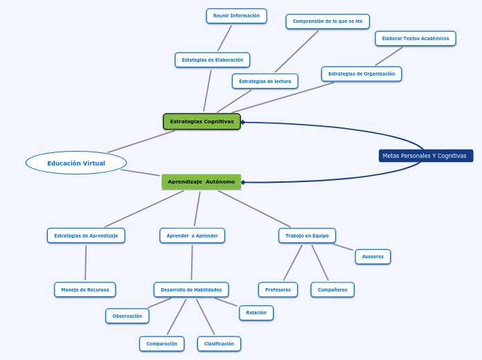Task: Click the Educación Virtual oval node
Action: [x=76, y=163]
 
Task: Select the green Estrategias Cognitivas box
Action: [x=202, y=122]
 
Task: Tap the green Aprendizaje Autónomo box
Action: [x=201, y=181]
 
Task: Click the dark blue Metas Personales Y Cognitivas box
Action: [x=425, y=156]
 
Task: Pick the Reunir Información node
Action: [x=236, y=16]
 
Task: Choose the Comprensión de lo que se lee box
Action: [x=328, y=21]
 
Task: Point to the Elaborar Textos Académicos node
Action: [x=415, y=39]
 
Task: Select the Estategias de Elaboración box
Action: [x=212, y=60]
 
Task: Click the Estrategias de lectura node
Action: [x=265, y=82]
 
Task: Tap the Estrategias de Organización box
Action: [x=361, y=74]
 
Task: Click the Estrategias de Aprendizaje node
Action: [x=86, y=235]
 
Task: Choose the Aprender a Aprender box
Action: [x=192, y=235]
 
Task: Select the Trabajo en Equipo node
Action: [x=307, y=235]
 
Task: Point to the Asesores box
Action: [x=373, y=257]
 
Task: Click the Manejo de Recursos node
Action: [x=84, y=289]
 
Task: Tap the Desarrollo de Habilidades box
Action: [x=191, y=289]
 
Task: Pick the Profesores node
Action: [x=278, y=289]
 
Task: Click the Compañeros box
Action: [x=332, y=289]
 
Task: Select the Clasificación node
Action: [x=219, y=343]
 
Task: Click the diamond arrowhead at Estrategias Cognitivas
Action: [x=242, y=123]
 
